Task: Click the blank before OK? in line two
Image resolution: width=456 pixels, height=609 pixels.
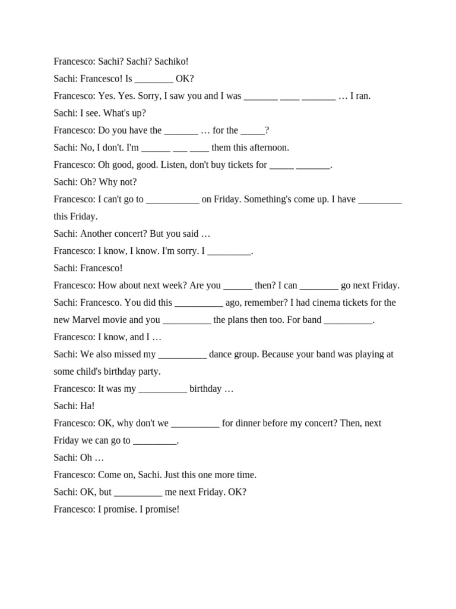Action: point(154,79)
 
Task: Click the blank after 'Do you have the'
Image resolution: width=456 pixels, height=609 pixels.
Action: point(181,130)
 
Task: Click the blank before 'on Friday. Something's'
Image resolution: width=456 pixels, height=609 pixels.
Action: point(172,199)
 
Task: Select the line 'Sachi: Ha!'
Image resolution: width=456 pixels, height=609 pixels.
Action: point(74,406)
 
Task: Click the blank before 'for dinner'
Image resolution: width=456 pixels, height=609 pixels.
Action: point(195,423)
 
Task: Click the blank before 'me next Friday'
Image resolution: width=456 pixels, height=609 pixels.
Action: point(138,492)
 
